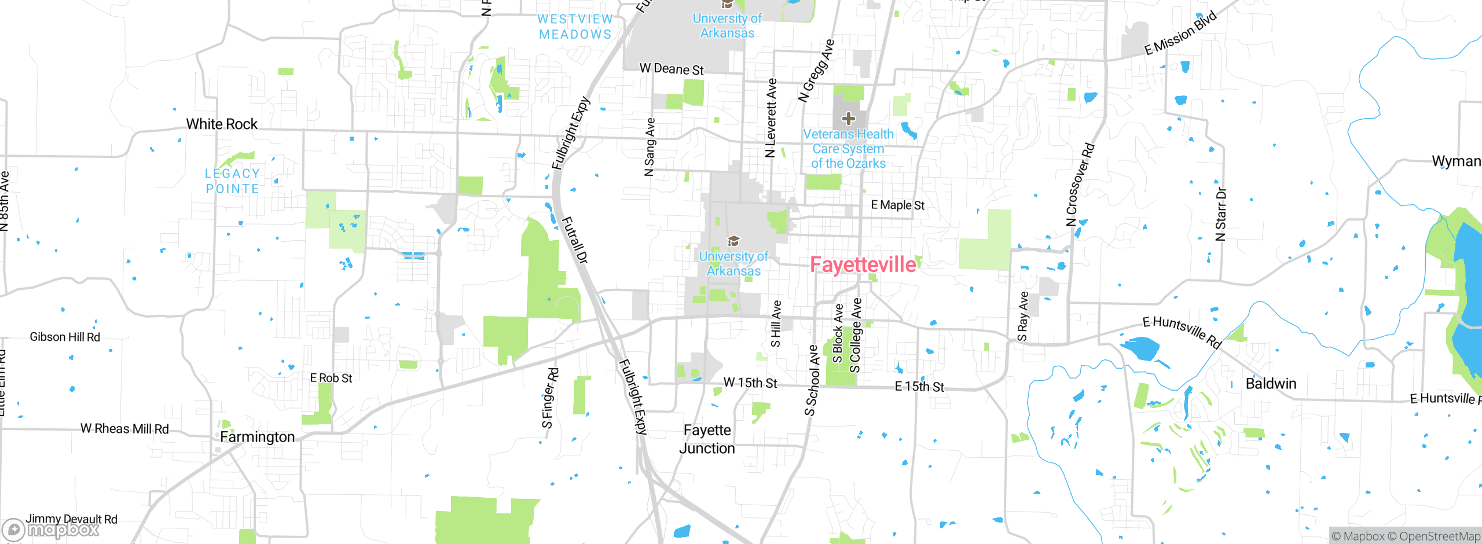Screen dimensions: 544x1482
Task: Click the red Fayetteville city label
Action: tap(863, 264)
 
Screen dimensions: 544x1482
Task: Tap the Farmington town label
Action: tap(257, 437)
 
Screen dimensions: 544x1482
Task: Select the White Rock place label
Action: tap(222, 124)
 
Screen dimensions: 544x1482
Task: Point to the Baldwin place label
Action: tap(1271, 384)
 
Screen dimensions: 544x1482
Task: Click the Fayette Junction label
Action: tap(707, 439)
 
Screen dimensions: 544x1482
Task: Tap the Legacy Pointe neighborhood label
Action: tap(232, 181)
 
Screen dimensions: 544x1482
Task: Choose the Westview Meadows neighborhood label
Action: tap(575, 27)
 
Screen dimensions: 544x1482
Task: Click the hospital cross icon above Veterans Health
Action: tap(849, 119)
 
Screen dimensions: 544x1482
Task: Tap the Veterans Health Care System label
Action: tap(848, 149)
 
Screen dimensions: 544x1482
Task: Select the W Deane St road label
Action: tap(672, 69)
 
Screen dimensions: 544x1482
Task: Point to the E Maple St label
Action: tap(897, 205)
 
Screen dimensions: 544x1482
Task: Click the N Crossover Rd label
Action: tap(1080, 185)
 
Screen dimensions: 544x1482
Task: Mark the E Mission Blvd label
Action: tap(1181, 33)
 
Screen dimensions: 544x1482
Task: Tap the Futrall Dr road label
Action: tap(575, 240)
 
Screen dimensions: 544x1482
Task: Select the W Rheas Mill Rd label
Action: tap(124, 429)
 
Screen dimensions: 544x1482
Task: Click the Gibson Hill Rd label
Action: tap(65, 337)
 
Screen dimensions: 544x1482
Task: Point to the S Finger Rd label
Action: tap(550, 398)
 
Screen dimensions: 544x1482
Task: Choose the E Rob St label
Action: tap(331, 378)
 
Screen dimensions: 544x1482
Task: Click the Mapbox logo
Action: tap(51, 530)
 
